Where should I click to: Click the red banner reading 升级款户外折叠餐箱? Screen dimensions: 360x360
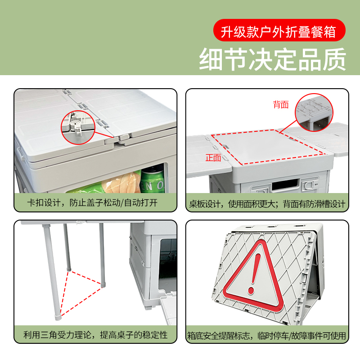pos(279,30)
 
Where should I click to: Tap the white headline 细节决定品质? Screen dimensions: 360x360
pos(273,59)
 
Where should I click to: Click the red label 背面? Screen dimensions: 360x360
pos(280,104)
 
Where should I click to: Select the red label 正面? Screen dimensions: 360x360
pos(213,158)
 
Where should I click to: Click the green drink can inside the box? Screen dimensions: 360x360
pos(153,180)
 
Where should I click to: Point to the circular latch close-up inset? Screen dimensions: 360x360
pos(78,127)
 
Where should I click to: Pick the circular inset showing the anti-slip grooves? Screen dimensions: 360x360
pos(314,112)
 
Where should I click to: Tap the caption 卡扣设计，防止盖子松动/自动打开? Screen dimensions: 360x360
pos(92,203)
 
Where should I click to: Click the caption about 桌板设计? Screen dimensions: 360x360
pos(267,204)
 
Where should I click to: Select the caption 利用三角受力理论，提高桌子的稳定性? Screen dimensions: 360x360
pos(95,335)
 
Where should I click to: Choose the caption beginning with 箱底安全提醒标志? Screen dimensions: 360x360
pos(266,336)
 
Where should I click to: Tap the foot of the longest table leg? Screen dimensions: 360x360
pos(58,318)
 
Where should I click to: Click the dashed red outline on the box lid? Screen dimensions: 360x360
pos(268,147)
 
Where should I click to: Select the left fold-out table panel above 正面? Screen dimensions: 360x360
pos(208,156)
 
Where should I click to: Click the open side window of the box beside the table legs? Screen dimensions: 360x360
pos(167,264)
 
